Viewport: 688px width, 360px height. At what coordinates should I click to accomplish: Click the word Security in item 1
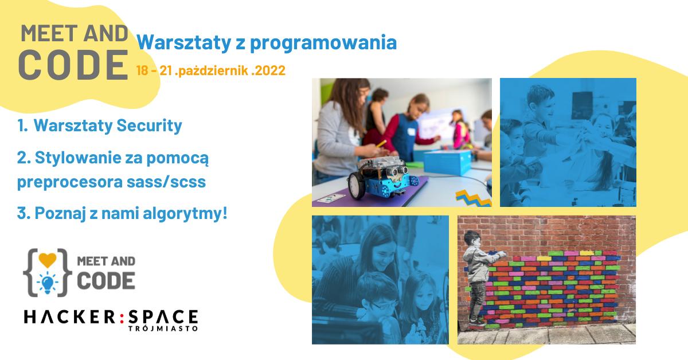coord(149,126)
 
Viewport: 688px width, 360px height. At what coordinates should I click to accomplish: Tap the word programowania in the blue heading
coord(323,42)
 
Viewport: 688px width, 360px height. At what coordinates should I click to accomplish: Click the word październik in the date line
coord(213,71)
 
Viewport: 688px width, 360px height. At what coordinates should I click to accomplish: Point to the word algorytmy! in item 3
coord(185,213)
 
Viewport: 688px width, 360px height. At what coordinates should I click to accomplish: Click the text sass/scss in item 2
coord(166,182)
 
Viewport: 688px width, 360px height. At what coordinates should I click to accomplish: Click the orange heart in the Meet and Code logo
coord(48,260)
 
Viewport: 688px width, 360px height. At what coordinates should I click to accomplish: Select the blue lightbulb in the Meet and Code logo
coord(47,283)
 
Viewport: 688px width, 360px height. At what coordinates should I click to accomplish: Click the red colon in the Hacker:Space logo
coord(122,318)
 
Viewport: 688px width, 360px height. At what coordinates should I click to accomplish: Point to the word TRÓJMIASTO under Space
coord(163,328)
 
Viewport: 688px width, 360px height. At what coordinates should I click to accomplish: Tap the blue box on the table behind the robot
coord(448,162)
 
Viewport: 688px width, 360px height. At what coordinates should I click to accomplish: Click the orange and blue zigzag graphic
coord(474,198)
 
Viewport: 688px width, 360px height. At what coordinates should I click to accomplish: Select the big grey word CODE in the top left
coord(73,65)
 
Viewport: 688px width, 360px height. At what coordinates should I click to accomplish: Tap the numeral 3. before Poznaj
coord(24,213)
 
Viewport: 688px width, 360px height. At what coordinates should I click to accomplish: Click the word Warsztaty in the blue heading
coord(183,42)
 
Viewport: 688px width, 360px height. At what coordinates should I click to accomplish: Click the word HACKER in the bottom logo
coord(69,317)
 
